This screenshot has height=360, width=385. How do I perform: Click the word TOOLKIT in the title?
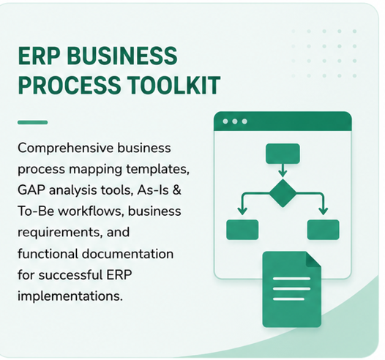(x=174, y=85)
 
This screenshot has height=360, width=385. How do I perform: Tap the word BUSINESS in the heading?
(x=122, y=56)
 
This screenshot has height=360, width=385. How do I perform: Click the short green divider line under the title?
(x=33, y=122)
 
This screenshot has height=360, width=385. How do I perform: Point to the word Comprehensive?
(x=66, y=149)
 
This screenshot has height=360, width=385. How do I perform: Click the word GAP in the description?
(x=31, y=190)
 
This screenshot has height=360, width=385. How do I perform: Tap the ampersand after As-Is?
(x=177, y=190)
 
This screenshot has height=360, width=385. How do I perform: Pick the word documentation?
(x=127, y=254)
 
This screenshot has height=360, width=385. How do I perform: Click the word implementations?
(x=70, y=296)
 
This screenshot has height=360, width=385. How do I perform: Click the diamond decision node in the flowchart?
(x=283, y=193)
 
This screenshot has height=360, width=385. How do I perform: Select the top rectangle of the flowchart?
(x=283, y=154)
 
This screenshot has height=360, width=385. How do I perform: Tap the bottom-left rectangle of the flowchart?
(x=242, y=230)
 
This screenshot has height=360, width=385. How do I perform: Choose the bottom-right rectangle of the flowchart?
(x=324, y=230)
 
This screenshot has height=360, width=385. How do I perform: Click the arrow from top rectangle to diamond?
(x=283, y=170)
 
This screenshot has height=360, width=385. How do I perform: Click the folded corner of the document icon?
(x=313, y=260)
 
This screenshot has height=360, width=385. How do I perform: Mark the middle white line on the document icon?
(x=292, y=288)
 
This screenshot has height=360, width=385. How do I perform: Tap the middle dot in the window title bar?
(x=235, y=121)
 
